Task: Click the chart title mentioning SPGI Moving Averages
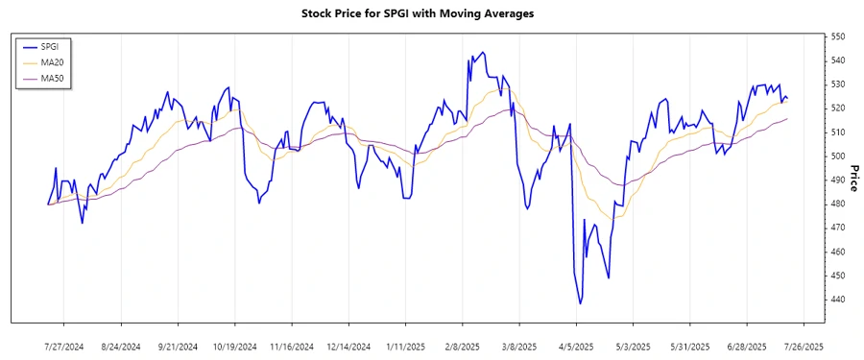click(x=431, y=13)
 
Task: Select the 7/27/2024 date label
click(x=64, y=346)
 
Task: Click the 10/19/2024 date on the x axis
click(x=235, y=346)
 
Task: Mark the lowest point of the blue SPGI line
click(x=580, y=303)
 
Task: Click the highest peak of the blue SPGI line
click(x=482, y=52)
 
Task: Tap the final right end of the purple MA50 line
click(x=787, y=119)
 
